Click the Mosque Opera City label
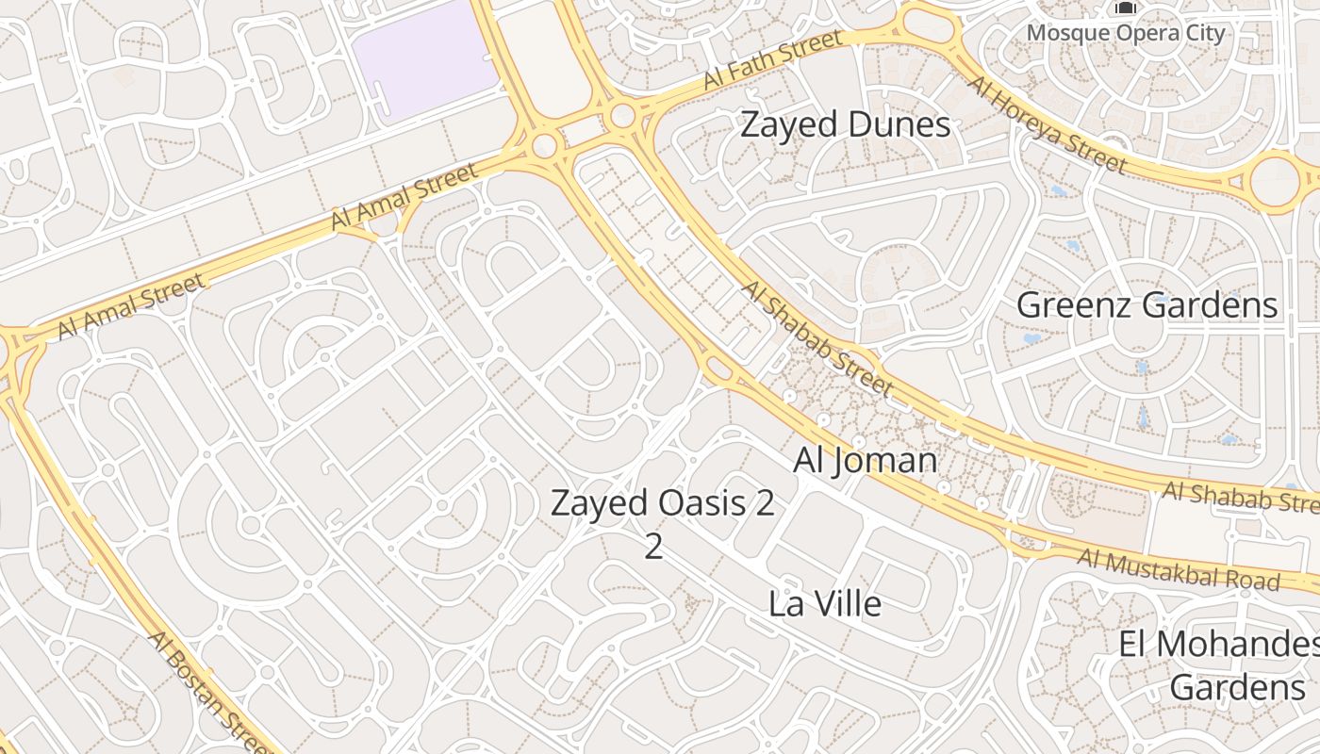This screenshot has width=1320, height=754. point(1126,34)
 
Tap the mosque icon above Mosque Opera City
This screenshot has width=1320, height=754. point(1125,8)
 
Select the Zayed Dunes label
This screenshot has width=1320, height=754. point(845,124)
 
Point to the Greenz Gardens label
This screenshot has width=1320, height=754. point(1147,305)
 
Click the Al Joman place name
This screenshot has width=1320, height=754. point(865,460)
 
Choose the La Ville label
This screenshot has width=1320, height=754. point(825,603)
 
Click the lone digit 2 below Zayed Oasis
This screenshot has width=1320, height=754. point(653,547)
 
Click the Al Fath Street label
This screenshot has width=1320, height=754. point(772,59)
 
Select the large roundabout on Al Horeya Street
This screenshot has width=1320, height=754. point(1275,179)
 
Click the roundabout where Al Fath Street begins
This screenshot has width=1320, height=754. point(622,117)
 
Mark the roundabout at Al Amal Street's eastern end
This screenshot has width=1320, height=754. point(544,146)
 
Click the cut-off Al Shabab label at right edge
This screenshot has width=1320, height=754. point(1240,497)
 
